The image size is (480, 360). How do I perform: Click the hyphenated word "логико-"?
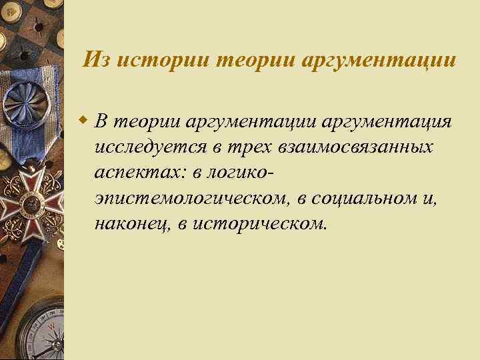coord(239,172)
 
